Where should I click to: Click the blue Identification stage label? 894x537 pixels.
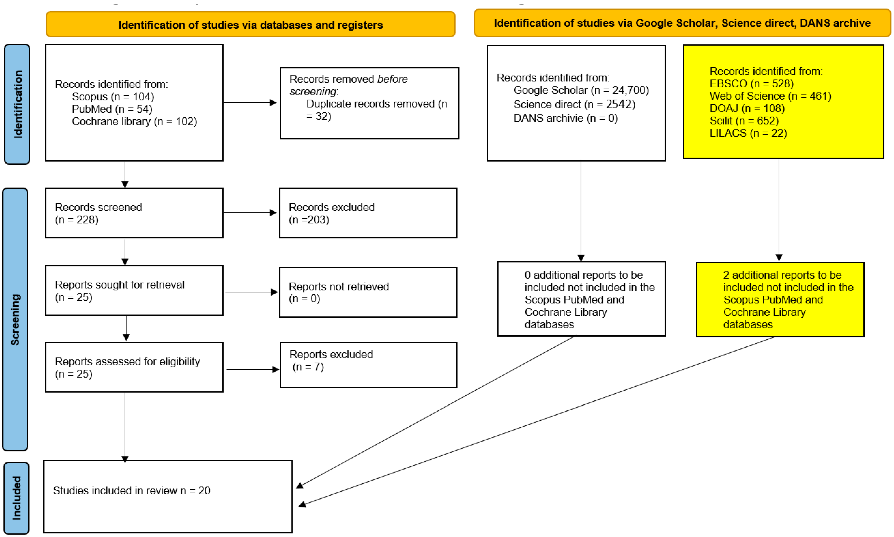click(17, 104)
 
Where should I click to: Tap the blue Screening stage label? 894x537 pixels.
click(15, 319)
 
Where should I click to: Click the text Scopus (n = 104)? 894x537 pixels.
click(113, 97)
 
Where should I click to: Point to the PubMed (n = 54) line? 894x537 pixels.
click(112, 109)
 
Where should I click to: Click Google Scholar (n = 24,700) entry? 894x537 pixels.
click(581, 90)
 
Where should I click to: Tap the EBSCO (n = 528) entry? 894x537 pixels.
click(751, 84)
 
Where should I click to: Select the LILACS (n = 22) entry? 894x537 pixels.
click(748, 133)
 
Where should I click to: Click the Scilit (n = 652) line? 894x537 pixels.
click(744, 121)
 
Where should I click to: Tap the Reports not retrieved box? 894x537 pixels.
click(368, 292)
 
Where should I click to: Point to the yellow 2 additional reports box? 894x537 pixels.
click(780, 300)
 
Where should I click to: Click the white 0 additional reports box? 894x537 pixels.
click(581, 299)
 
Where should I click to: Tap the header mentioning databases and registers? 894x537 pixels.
click(250, 25)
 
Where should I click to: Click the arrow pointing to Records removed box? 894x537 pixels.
click(250, 103)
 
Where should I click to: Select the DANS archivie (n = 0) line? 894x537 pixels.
click(565, 118)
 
